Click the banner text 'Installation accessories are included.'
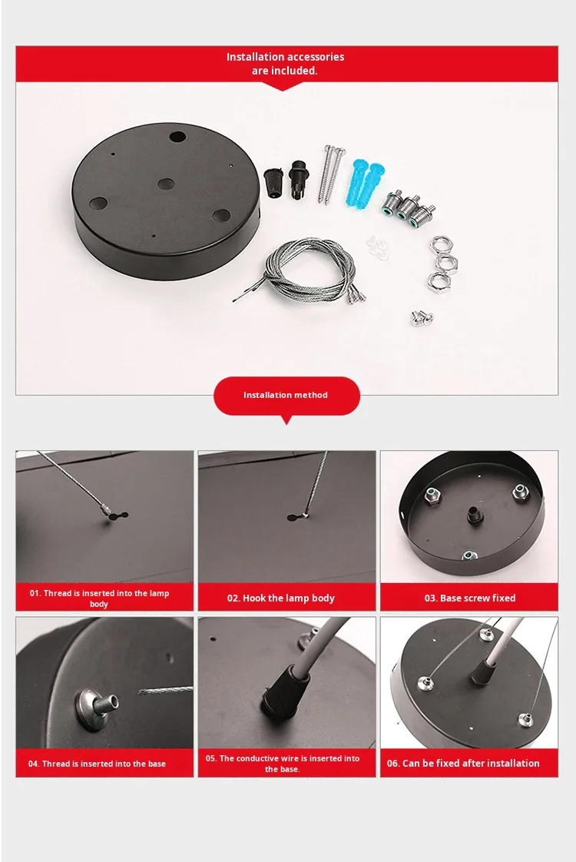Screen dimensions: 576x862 285,63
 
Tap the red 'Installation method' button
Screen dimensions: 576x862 286,395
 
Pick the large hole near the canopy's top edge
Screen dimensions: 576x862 177,136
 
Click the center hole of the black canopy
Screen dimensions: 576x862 165,184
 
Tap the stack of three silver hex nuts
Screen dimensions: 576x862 439,262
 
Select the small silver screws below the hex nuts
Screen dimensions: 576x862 422,318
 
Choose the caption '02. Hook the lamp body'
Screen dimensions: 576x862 281,598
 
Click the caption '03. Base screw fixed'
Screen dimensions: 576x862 470,598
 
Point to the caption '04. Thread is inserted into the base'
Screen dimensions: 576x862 97,764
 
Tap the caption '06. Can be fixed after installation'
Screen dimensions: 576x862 463,763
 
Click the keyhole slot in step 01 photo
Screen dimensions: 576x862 117,516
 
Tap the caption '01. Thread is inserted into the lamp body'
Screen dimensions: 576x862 99,598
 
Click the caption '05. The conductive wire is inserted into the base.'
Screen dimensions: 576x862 283,764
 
